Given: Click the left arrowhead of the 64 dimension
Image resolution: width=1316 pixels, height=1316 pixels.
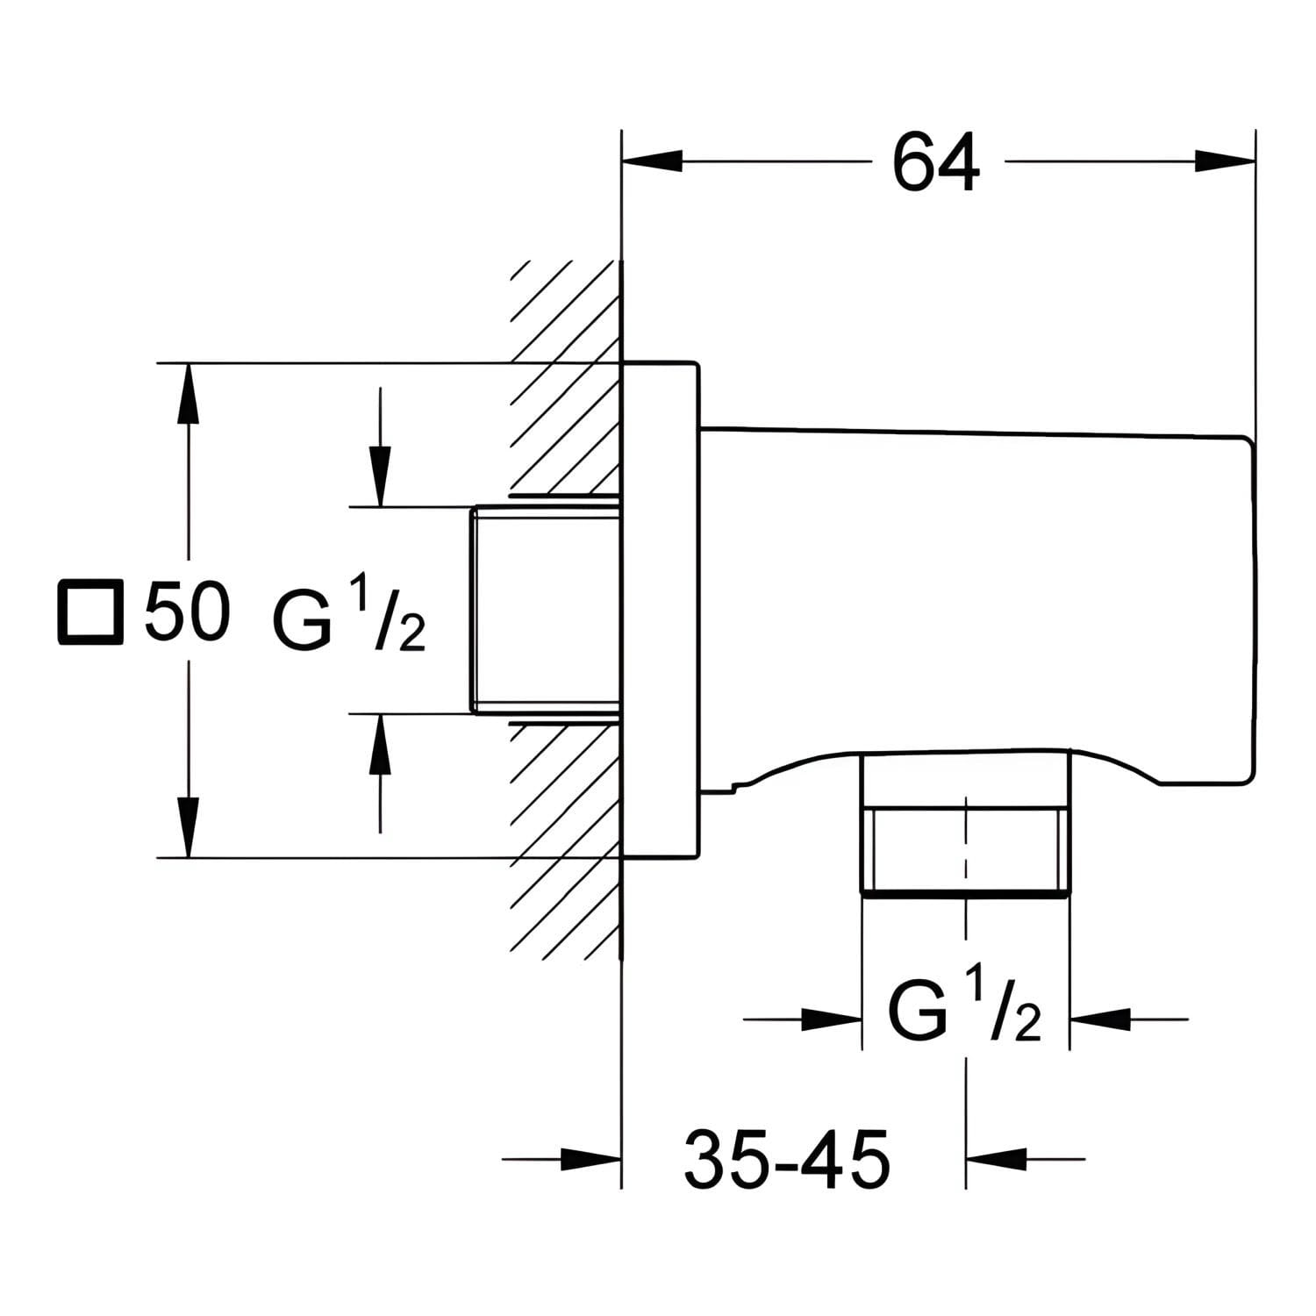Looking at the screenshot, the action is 652,161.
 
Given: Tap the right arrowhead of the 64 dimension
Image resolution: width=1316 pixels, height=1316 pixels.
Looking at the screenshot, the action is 1225,161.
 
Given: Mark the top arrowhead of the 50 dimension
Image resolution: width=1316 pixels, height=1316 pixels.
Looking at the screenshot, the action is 187,394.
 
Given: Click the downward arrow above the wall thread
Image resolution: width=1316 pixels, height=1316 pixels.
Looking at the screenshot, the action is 380,447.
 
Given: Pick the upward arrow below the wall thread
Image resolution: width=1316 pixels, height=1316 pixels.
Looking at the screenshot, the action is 380,773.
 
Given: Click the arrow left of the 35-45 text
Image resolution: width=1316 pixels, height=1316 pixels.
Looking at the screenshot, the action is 561,1158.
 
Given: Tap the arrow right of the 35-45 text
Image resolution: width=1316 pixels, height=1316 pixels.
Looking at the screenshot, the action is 1026,1158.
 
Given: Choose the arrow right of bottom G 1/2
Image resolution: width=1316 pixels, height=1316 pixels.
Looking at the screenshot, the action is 1129,1019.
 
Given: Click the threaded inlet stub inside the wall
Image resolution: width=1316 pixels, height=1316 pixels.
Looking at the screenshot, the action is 547,610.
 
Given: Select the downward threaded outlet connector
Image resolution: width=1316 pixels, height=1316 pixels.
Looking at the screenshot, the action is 966,825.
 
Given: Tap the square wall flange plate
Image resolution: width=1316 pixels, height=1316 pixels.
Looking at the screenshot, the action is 660,610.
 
